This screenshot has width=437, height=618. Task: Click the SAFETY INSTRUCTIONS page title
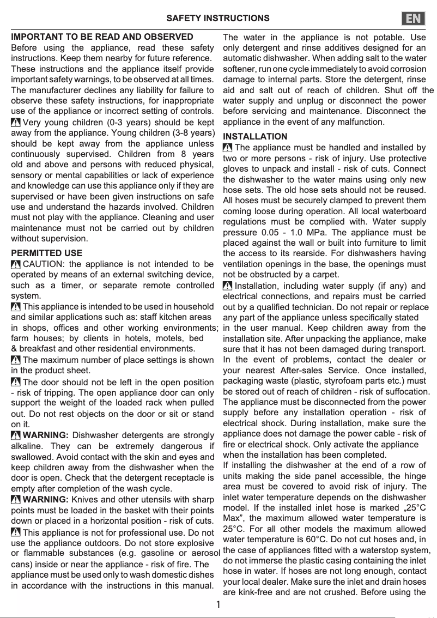[217, 19]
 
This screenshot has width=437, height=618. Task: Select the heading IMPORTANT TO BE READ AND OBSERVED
[102, 37]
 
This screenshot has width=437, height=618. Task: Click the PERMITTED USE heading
[47, 253]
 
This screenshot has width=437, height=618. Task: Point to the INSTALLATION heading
[255, 136]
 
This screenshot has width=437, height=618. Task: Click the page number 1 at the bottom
[218, 605]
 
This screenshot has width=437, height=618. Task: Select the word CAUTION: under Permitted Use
[43, 264]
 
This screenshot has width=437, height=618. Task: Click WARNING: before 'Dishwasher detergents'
[46, 435]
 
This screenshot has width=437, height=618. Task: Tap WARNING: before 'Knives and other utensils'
[46, 500]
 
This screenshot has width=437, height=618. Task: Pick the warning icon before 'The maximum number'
[16, 360]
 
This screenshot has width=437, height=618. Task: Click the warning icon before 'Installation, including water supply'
[228, 286]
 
